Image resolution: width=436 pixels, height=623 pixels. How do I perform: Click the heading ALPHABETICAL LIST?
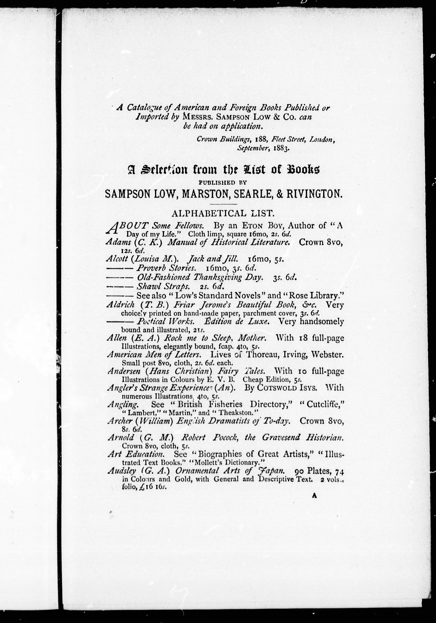tap(222, 214)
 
